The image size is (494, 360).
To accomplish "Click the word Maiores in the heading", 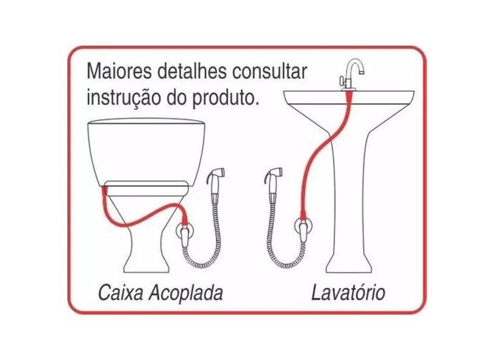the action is pos(119,71).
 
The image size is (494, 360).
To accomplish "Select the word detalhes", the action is pos(192,71).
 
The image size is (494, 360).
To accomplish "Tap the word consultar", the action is pos(269,71).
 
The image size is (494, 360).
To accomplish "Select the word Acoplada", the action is pos(185,293).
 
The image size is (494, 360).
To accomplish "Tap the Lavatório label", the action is pos(348,293).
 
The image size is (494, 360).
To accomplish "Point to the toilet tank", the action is pos(146,152).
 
